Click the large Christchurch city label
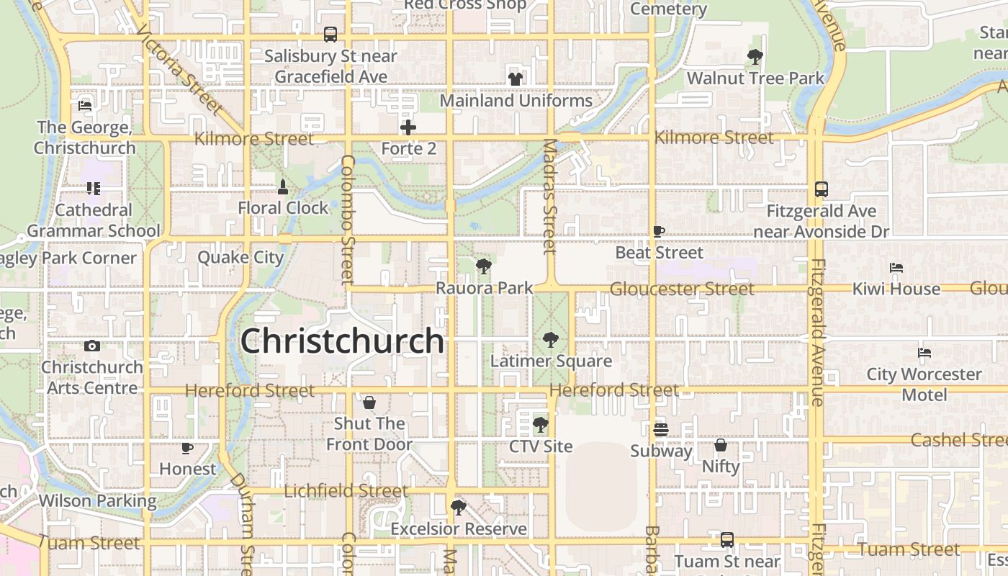[x=342, y=341]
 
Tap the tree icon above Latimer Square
[x=551, y=339]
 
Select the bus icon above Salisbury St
[x=330, y=34]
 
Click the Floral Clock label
[x=283, y=208]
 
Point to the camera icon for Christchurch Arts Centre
[x=91, y=346]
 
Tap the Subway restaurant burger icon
[x=661, y=430]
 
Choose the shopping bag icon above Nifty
[x=721, y=445]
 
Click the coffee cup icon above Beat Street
[x=659, y=231]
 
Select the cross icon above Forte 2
[x=408, y=128]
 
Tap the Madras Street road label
[x=550, y=197]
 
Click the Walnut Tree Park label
[x=755, y=78]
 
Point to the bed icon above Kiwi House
[x=896, y=268]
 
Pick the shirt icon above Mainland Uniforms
[x=515, y=79]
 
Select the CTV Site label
[x=541, y=446]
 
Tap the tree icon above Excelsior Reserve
[x=458, y=508]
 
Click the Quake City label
[x=240, y=258]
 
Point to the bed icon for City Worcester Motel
[x=924, y=353]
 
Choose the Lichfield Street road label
[x=346, y=491]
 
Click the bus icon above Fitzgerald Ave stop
[x=822, y=189]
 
